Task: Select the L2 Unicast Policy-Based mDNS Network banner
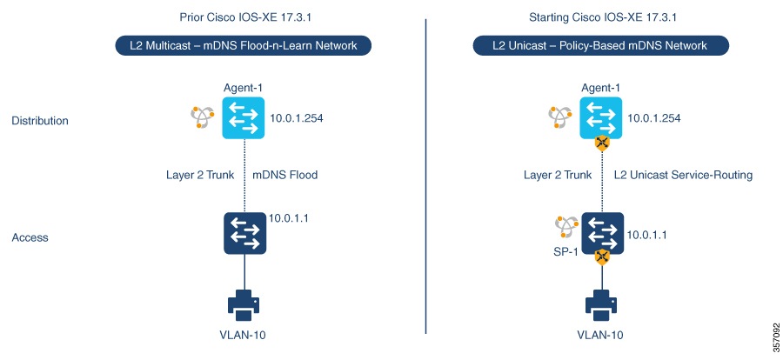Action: [x=600, y=45]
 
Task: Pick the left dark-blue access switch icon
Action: [x=244, y=234]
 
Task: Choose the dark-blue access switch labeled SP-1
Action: [x=602, y=234]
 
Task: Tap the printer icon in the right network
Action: [x=601, y=305]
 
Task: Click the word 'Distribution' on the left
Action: [x=40, y=121]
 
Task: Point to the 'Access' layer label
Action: [x=30, y=237]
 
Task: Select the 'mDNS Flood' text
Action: [x=285, y=175]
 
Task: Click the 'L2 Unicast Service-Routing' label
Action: [x=683, y=175]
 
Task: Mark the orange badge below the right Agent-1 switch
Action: [x=601, y=143]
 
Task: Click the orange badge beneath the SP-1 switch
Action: [x=601, y=257]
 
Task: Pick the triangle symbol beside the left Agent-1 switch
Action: [x=203, y=117]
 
